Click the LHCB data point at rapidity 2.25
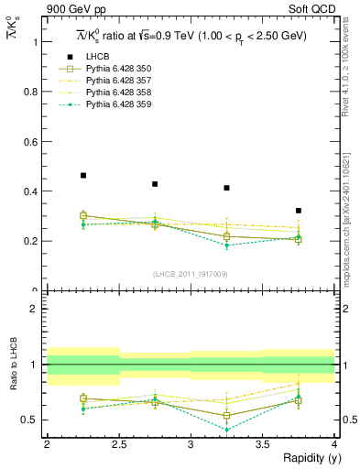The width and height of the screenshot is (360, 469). point(83,175)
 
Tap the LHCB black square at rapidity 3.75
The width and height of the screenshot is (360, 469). point(299,211)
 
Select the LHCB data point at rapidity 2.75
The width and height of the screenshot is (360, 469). point(155,184)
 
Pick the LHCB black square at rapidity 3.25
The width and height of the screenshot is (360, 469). point(226,188)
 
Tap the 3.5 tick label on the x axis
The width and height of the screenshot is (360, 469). point(262,444)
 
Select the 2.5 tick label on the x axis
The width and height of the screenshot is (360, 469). point(119,444)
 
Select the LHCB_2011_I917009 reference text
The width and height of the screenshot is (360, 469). point(191,274)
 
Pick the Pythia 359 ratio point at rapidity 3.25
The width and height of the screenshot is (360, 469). point(226,429)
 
